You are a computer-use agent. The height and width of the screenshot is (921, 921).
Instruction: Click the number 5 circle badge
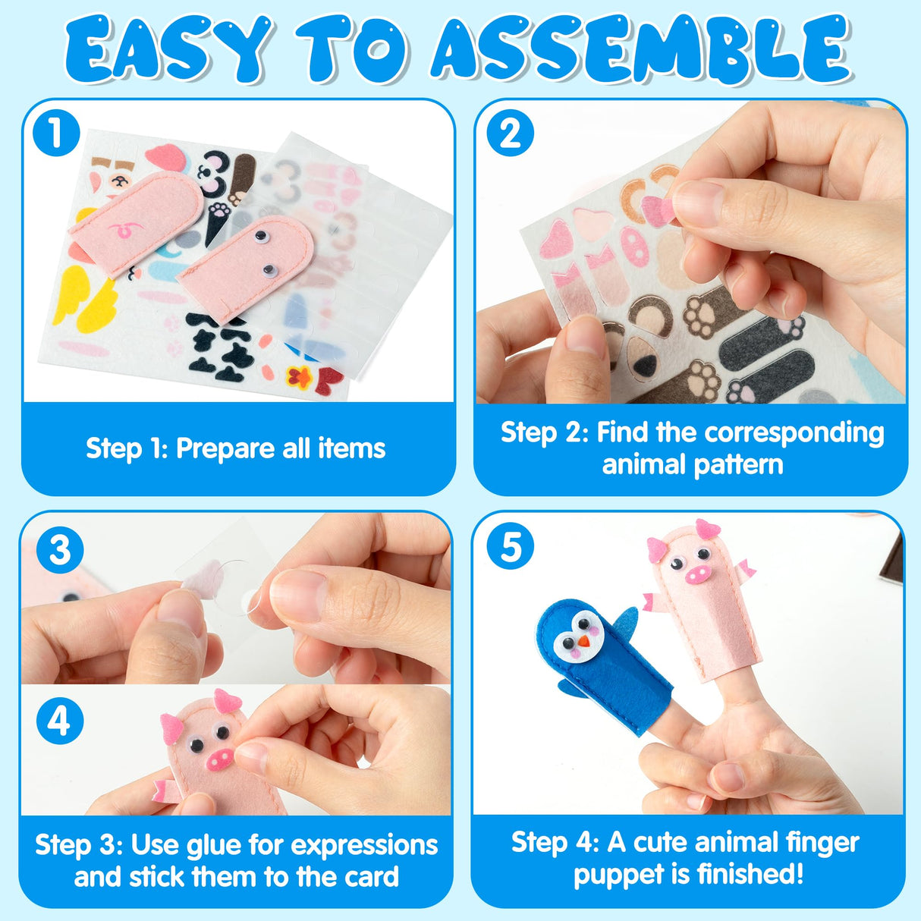[x=510, y=547]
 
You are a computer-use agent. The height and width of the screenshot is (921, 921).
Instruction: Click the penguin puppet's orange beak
[x=583, y=641]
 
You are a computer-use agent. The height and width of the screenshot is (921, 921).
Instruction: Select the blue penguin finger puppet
[x=599, y=660]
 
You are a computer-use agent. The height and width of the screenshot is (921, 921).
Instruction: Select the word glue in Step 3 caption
[x=235, y=844]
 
